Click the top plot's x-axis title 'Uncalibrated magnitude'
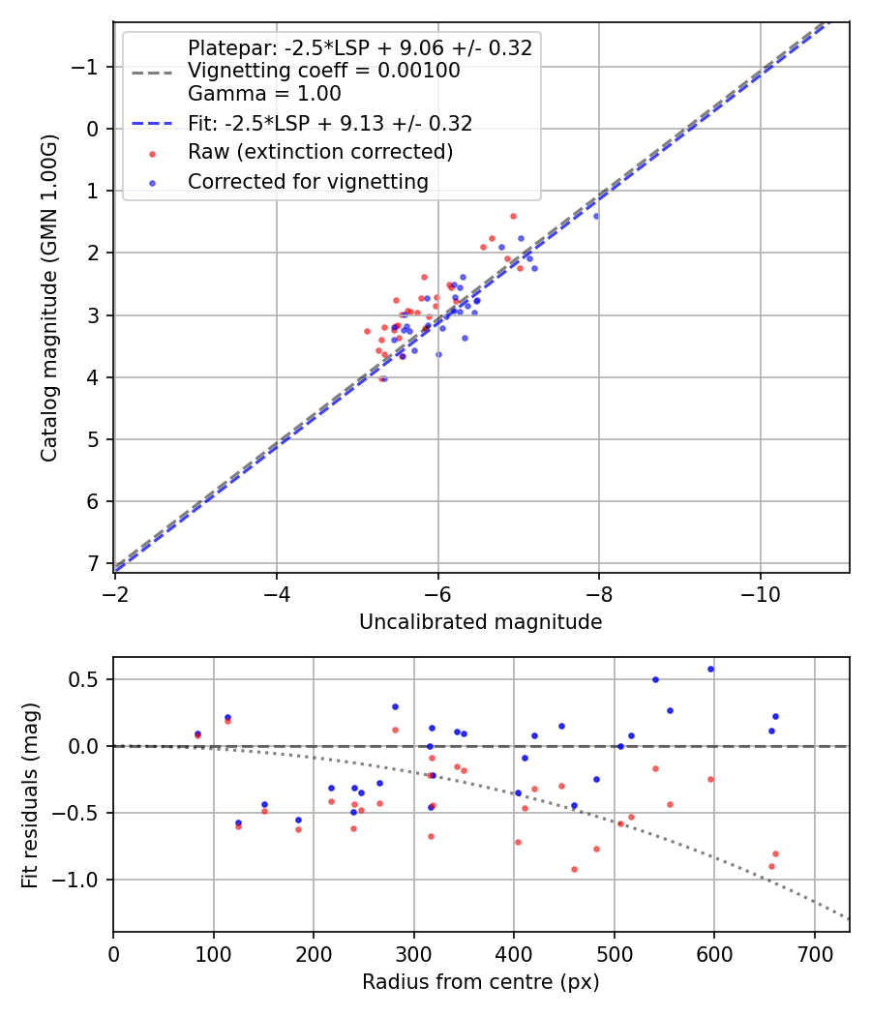pos(480,622)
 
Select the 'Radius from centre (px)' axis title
pos(480,982)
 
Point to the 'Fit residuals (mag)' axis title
pos(29,794)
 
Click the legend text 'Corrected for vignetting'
pos(308,181)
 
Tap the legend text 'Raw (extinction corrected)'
pos(320,152)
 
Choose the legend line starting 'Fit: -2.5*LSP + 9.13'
pos(330,124)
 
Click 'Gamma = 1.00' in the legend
pos(264,94)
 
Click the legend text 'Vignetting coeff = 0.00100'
pos(324,71)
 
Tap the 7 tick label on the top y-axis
pos(94,563)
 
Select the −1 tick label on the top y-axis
pos(87,67)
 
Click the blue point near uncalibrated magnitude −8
pos(595,216)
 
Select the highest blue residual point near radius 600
pos(710,669)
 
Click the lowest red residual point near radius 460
pos(574,869)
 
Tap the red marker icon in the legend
pos(151,153)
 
